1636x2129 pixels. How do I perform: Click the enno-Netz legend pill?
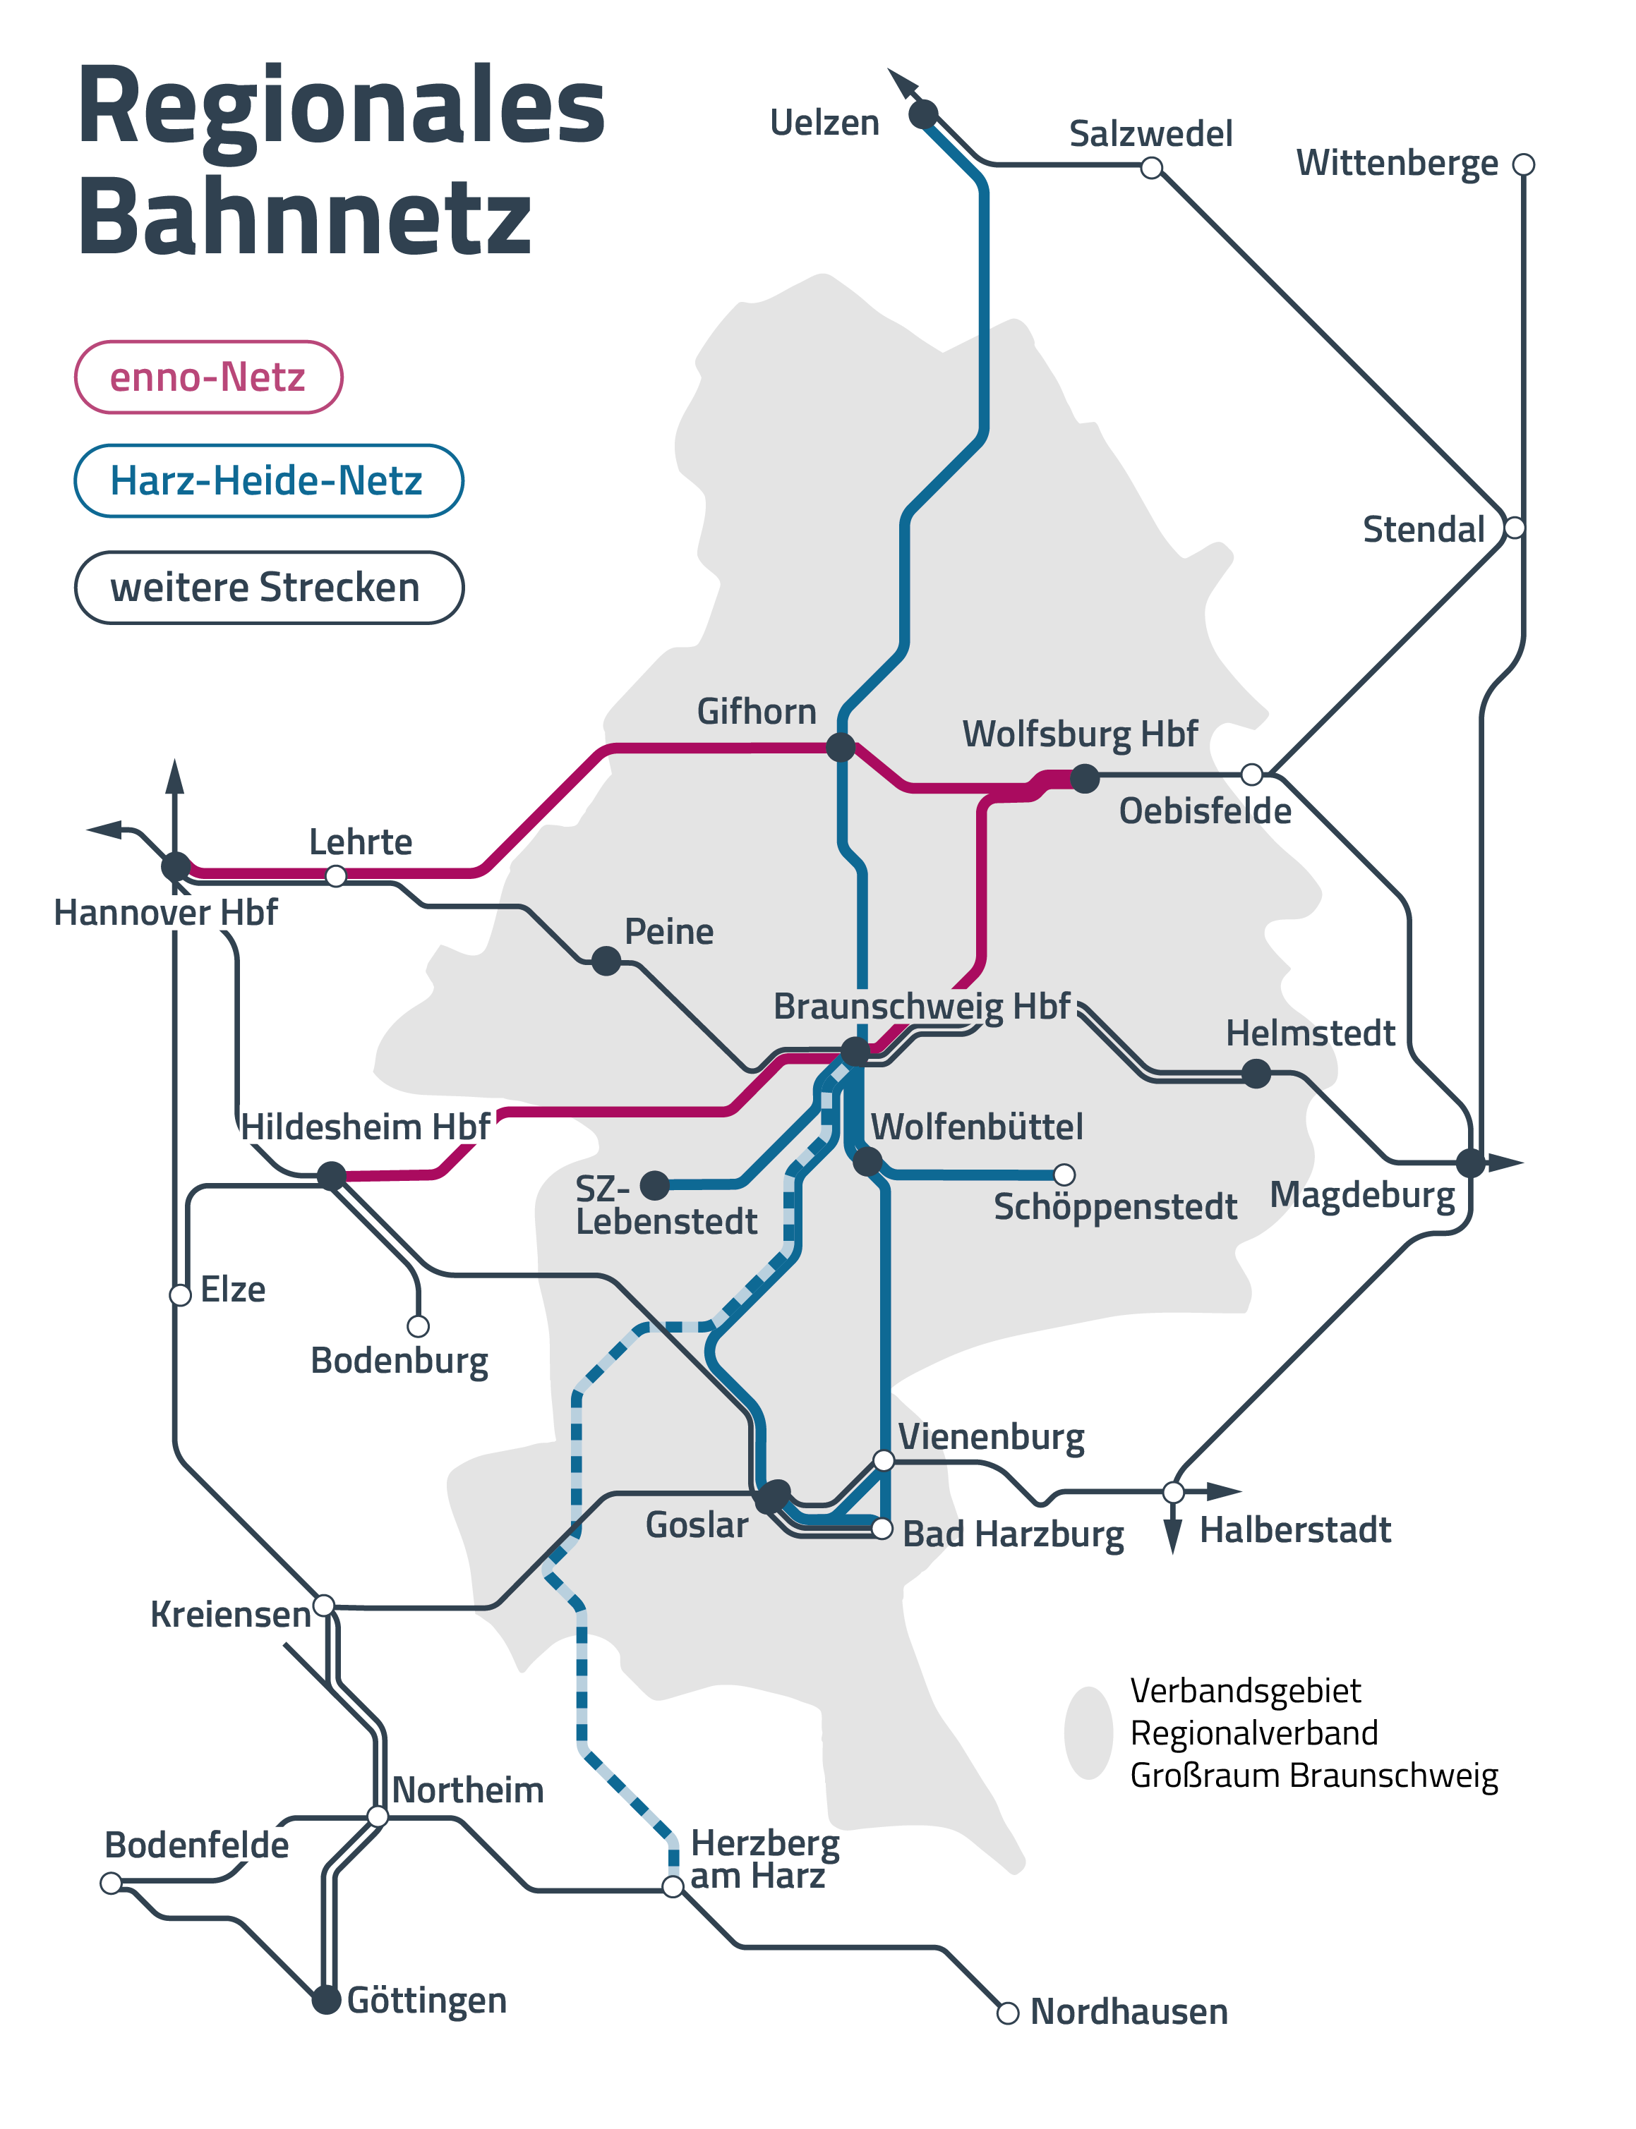(x=208, y=377)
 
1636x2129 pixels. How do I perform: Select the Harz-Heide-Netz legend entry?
(x=267, y=481)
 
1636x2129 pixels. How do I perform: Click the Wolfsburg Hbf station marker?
(x=1085, y=778)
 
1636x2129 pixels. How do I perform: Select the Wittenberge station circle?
(x=1524, y=164)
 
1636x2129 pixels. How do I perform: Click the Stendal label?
(x=1423, y=530)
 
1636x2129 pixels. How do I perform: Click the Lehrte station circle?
(x=336, y=876)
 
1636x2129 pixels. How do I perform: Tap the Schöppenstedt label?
(x=1115, y=1207)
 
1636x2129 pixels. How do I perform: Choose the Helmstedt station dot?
(x=1256, y=1074)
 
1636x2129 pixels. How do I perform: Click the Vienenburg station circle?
(x=883, y=1460)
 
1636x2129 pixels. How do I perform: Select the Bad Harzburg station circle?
(x=882, y=1529)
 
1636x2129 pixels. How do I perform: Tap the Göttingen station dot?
(x=326, y=2001)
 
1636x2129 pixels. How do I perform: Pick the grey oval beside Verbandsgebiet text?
(x=1088, y=1732)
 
